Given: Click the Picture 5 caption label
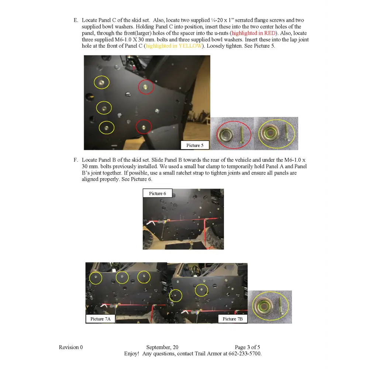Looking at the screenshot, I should click(195, 145).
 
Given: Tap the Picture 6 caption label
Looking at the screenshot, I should click(157, 193).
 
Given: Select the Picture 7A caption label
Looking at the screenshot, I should click(100, 319).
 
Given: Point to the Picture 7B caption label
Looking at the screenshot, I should click(232, 319).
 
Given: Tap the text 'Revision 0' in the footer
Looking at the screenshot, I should click(71, 347).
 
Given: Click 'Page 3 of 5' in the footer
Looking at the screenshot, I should click(247, 347).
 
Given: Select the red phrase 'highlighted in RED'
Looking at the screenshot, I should click(254, 33).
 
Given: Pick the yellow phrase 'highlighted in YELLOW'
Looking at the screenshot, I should click(174, 46).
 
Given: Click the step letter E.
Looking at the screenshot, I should click(76, 20).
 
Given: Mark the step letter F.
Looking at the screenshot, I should click(76, 160).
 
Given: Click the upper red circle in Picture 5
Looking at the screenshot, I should click(146, 87).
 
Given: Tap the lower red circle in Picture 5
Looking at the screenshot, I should click(144, 127).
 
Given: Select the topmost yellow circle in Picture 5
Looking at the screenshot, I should click(101, 82).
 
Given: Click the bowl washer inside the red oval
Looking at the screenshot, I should click(226, 134).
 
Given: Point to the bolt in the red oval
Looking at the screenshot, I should click(242, 133).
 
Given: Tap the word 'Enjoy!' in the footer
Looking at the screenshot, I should click(131, 354).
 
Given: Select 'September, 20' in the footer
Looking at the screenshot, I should click(162, 347).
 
